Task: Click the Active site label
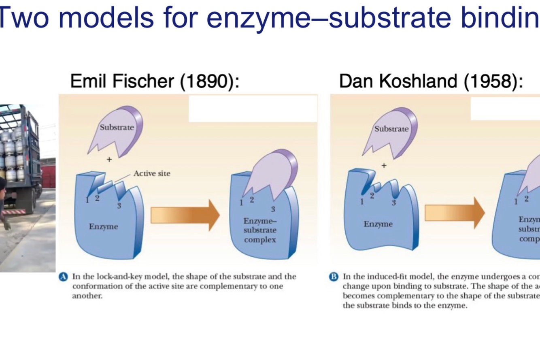[152, 174]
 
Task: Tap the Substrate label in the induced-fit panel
[391, 129]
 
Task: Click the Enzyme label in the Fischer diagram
[104, 227]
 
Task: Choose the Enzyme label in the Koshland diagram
[378, 224]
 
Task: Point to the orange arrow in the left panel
[185, 215]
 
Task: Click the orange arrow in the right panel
[454, 213]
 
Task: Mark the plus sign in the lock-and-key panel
[109, 160]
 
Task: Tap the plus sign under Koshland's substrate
[384, 165]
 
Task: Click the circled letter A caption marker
[63, 277]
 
